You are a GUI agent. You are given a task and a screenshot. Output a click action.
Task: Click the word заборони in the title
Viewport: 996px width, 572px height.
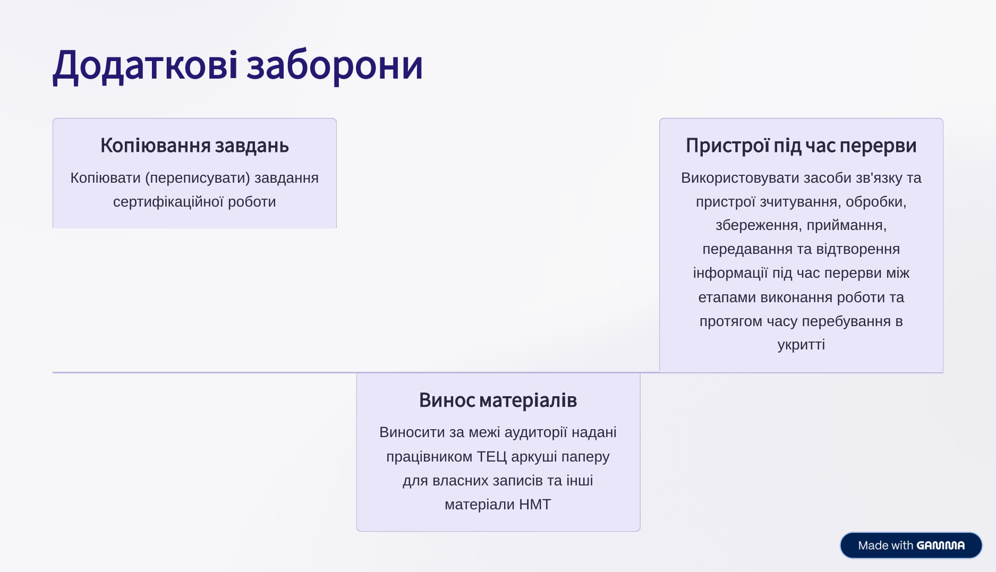[x=335, y=66]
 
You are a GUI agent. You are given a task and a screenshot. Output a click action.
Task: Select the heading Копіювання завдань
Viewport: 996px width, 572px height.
[x=194, y=146]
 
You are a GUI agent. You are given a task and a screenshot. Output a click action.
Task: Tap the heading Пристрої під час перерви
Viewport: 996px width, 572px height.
[x=801, y=146]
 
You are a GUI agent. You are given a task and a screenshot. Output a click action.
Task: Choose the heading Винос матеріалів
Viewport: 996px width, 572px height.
[x=498, y=400]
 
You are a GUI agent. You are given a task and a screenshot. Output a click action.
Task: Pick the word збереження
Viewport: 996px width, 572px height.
[x=759, y=225]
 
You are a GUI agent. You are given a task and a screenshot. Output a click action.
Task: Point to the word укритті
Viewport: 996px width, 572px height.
[x=801, y=345]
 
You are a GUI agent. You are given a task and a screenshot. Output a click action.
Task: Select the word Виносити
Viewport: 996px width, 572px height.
[x=412, y=432]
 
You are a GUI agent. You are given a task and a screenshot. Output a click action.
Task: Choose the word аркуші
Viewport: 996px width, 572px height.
[x=534, y=457]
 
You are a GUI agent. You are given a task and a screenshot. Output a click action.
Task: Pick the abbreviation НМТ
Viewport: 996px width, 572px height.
[x=535, y=504]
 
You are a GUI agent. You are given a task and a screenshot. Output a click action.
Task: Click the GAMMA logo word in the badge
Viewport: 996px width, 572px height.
[x=941, y=545]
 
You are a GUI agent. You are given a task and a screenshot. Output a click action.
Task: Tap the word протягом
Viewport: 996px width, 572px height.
[x=731, y=321]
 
